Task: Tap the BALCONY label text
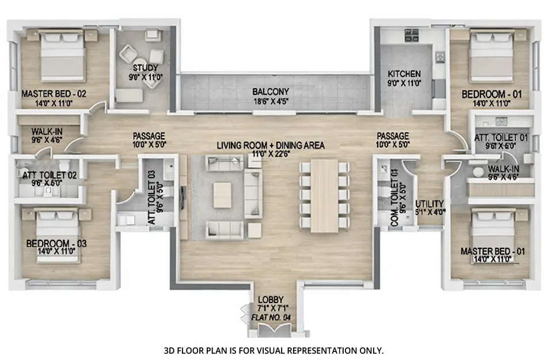(271, 92)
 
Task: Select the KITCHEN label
(404, 74)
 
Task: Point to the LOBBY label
(271, 300)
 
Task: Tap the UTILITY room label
(430, 204)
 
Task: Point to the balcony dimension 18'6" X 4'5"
(271, 101)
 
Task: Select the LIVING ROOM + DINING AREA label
(271, 145)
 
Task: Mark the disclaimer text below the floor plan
(273, 350)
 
